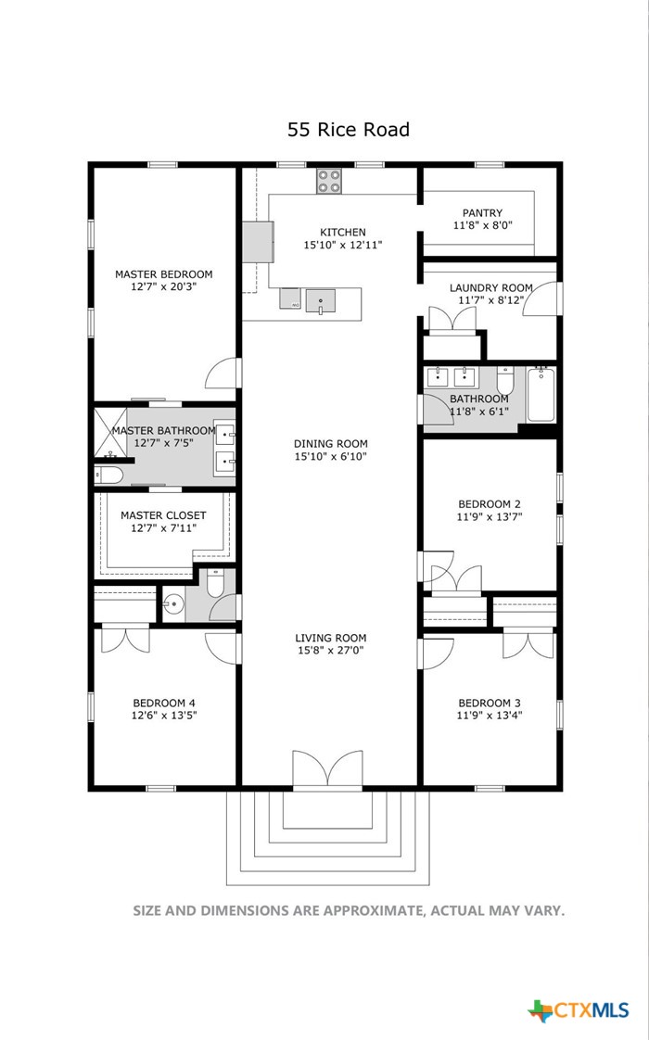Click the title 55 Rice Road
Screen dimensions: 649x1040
pos(349,130)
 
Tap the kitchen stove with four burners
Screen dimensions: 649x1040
pos(329,181)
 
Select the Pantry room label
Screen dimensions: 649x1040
pos(482,213)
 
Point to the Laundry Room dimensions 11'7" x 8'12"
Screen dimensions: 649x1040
pos(491,300)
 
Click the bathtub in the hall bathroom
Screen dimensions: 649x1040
pos(541,394)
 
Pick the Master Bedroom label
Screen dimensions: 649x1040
pos(164,274)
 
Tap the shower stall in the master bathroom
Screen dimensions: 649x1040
pos(110,433)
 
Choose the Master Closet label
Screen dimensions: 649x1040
pos(163,515)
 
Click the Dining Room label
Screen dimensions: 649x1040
pos(330,444)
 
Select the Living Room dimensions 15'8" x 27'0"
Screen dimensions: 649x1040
pos(330,651)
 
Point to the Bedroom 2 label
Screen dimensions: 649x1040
pos(490,504)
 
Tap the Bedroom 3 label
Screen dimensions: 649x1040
pos(490,703)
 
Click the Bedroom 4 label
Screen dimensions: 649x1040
pos(164,703)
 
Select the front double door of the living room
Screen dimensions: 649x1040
pos(328,769)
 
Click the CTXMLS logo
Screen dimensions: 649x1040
pos(578,1010)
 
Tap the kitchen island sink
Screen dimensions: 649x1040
pos(321,301)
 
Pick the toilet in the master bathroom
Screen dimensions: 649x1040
pos(108,475)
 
